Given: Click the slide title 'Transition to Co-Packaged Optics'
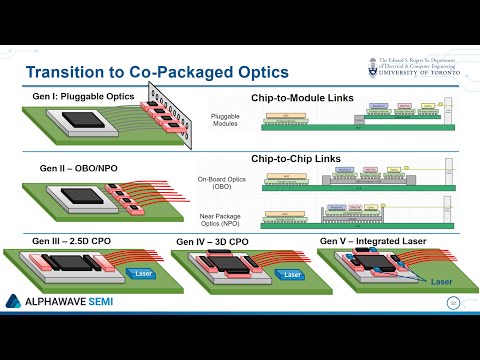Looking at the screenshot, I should coord(156,73).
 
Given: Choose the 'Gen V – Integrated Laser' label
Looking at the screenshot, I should coord(371,241).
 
